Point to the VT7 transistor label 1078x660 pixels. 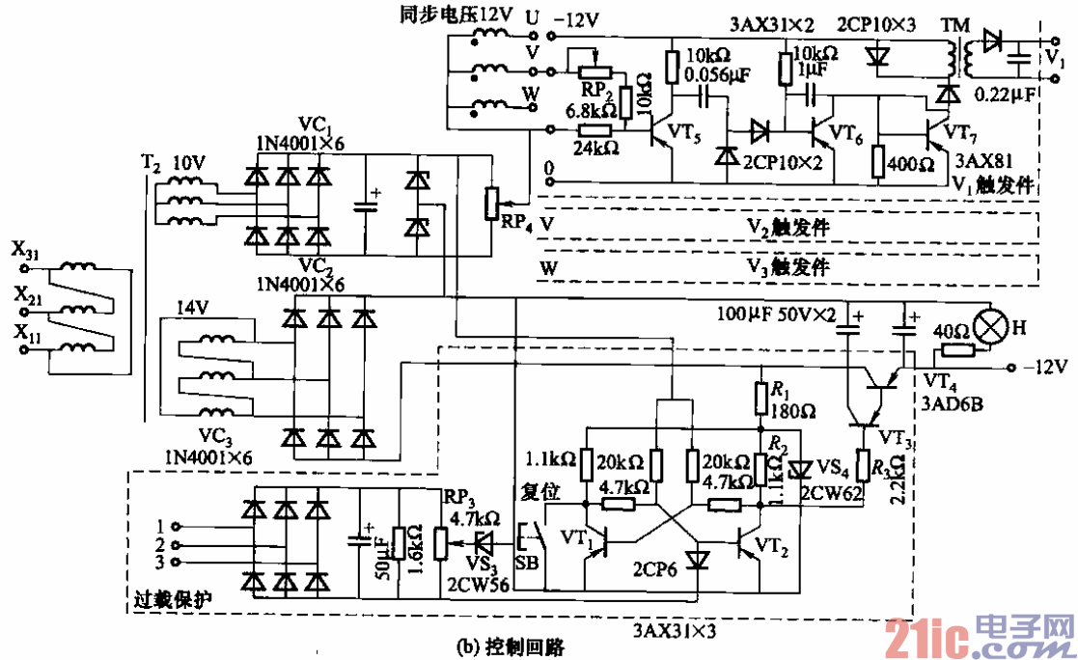(x=962, y=129)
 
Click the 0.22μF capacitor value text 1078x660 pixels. (x=1004, y=95)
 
